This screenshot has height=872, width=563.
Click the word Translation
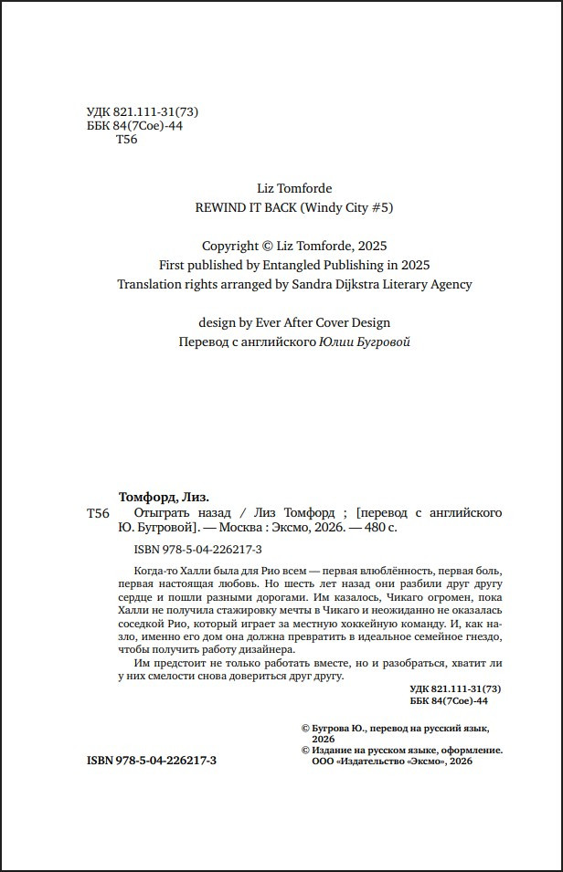point(151,284)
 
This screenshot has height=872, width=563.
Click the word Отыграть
point(148,513)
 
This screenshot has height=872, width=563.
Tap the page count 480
point(369,528)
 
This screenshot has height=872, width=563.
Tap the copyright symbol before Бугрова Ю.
point(306,729)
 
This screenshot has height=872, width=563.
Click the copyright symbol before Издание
point(306,750)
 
